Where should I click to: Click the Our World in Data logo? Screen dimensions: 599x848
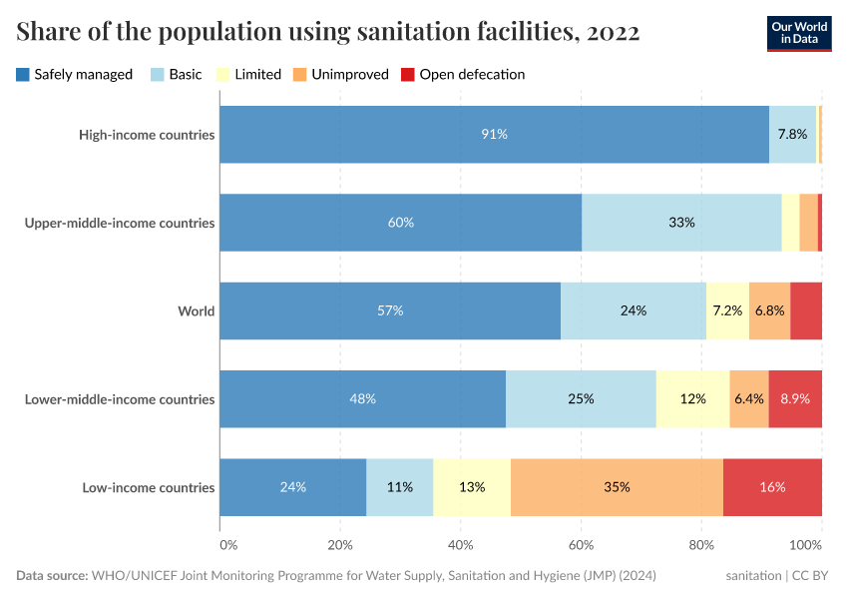799,32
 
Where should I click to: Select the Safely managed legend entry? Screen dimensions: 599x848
75,74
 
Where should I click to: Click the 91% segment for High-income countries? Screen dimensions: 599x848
494,134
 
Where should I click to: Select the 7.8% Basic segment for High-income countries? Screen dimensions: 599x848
792,134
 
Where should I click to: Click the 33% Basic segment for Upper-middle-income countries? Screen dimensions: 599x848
681,223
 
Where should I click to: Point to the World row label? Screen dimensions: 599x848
196,310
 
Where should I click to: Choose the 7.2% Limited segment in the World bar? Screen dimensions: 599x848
727,310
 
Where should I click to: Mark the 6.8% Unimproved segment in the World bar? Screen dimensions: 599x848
769,310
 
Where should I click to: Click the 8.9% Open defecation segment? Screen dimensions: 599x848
795,399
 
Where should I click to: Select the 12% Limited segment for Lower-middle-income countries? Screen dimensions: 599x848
692,399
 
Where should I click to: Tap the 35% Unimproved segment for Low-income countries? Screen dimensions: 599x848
617,487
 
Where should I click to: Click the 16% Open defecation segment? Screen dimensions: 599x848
772,487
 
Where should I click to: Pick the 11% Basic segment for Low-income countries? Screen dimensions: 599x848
400,487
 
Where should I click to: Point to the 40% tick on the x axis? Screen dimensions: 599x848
460,545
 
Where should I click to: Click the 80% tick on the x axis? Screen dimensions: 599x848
701,545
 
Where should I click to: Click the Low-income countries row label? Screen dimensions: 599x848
149,487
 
